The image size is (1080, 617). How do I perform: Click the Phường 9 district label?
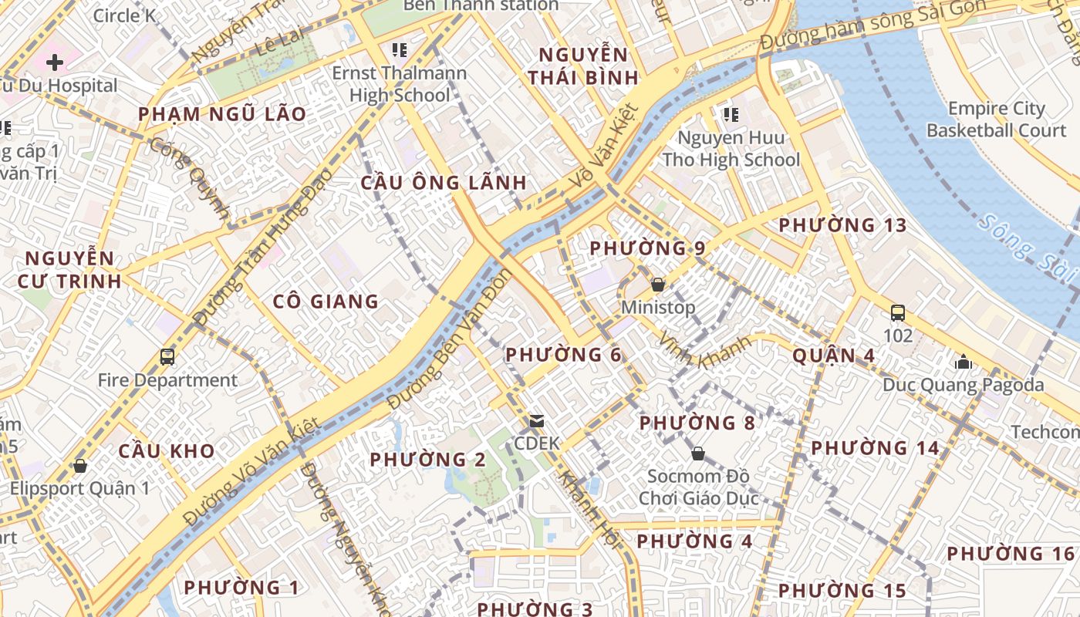click(647, 248)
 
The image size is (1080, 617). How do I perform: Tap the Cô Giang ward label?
click(326, 302)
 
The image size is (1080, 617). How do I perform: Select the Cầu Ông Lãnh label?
click(444, 183)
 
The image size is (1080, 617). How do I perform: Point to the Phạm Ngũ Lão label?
click(222, 114)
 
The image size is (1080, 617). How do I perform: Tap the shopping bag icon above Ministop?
click(658, 285)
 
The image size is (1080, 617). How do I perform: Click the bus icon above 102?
click(898, 313)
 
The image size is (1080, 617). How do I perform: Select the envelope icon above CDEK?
click(536, 421)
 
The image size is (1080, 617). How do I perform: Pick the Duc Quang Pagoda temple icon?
click(963, 361)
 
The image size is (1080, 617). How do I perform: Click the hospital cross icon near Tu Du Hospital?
click(55, 62)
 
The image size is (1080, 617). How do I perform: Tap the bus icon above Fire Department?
click(167, 356)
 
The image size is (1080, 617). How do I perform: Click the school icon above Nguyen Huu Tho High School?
click(731, 115)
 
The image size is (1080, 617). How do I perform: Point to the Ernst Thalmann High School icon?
click(399, 51)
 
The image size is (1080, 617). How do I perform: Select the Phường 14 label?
click(875, 448)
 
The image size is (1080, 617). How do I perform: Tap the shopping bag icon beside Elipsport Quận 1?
click(80, 466)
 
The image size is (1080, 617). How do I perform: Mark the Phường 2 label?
click(427, 460)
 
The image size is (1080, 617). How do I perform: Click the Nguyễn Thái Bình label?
click(589, 66)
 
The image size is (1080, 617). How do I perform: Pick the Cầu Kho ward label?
click(167, 450)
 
